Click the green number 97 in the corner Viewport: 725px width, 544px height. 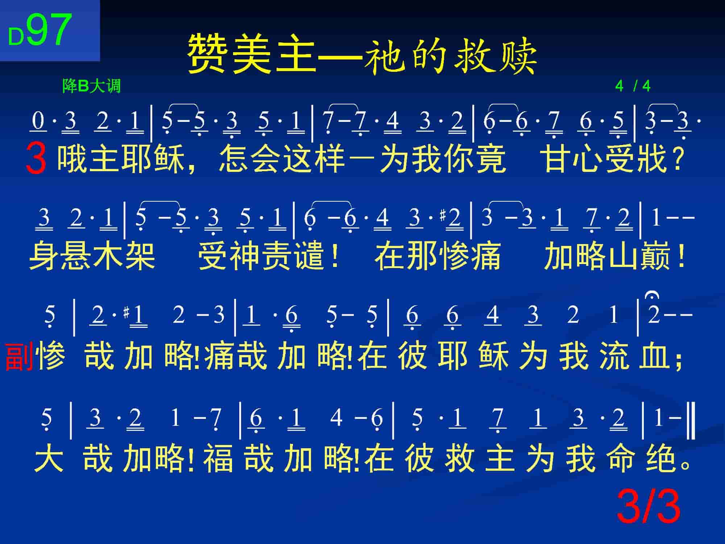click(x=49, y=30)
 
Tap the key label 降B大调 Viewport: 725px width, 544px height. click(x=91, y=86)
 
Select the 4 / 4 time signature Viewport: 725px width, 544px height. click(x=633, y=86)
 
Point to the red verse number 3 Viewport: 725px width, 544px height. click(x=36, y=159)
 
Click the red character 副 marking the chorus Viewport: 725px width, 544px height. click(x=20, y=356)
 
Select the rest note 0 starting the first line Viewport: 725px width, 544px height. click(x=38, y=120)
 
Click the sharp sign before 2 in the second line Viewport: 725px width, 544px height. click(x=442, y=216)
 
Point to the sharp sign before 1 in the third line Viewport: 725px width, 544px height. click(x=126, y=313)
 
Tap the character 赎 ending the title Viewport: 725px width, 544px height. click(x=516, y=54)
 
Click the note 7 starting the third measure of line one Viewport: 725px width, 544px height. click(x=328, y=120)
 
